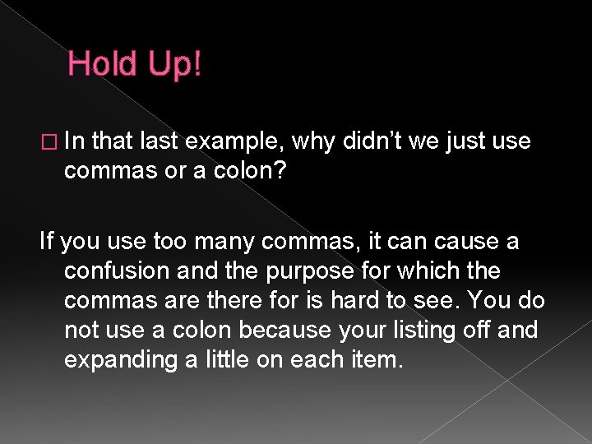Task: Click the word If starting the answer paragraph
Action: click(x=47, y=242)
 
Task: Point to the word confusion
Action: click(x=118, y=271)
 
